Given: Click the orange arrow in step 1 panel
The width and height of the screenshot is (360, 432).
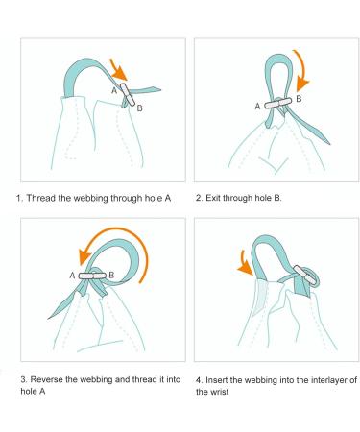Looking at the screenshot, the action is pyautogui.click(x=118, y=69).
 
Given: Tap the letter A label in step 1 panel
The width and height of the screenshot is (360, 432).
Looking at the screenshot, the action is pyautogui.click(x=114, y=91).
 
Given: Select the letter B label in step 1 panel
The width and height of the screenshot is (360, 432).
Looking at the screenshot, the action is pyautogui.click(x=139, y=108).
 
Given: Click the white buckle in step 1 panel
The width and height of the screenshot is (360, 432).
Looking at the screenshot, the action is pyautogui.click(x=128, y=94).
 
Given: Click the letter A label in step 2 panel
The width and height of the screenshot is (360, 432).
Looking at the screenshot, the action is pyautogui.click(x=257, y=107).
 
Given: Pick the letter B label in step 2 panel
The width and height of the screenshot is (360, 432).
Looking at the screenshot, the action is pyautogui.click(x=299, y=99).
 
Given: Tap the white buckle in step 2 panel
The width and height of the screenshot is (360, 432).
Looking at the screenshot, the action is pyautogui.click(x=278, y=104).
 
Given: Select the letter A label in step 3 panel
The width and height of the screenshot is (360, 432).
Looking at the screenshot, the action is pyautogui.click(x=72, y=276).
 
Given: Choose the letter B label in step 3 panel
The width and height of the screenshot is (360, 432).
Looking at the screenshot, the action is pyautogui.click(x=111, y=275).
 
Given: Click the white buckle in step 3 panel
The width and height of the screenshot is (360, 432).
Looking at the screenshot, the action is pyautogui.click(x=92, y=276).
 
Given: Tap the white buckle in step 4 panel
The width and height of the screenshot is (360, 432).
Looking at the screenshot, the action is pyautogui.click(x=304, y=275).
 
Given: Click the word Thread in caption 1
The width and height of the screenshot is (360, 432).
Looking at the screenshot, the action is pyautogui.click(x=41, y=198).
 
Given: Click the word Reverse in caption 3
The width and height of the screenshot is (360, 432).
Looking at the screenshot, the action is pyautogui.click(x=47, y=379).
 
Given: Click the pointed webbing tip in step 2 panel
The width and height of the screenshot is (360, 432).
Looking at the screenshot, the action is pyautogui.click(x=329, y=143).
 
